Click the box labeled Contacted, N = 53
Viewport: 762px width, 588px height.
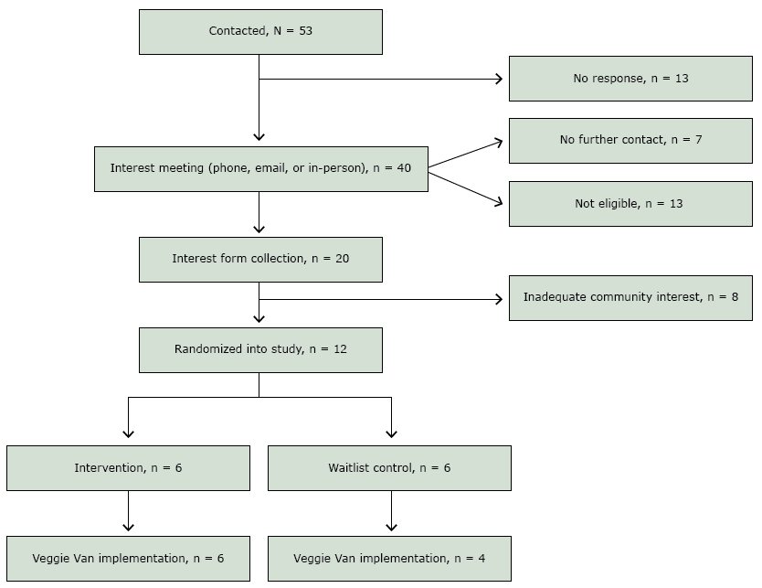tap(260, 32)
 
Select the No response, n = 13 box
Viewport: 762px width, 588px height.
tap(630, 79)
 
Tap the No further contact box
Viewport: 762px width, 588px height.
tap(630, 141)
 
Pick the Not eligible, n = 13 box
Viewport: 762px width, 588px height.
tap(630, 204)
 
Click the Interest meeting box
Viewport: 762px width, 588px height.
tap(260, 169)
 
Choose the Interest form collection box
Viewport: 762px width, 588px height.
tap(260, 259)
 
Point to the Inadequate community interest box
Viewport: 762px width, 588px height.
tap(630, 298)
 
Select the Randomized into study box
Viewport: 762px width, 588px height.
tap(260, 349)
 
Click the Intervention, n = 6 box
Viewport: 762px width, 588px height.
tap(128, 468)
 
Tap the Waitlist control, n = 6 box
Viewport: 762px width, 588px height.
tap(389, 468)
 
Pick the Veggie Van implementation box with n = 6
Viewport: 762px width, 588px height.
tap(128, 559)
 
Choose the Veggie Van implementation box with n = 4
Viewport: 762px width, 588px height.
tap(389, 559)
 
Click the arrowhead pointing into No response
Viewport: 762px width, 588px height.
tap(498, 79)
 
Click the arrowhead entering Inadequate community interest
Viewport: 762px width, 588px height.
tap(498, 299)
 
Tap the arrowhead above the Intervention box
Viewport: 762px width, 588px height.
tap(128, 433)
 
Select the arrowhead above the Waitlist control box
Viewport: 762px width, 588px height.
tap(391, 433)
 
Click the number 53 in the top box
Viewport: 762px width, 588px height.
tap(305, 32)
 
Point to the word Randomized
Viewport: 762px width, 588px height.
tap(206, 349)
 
